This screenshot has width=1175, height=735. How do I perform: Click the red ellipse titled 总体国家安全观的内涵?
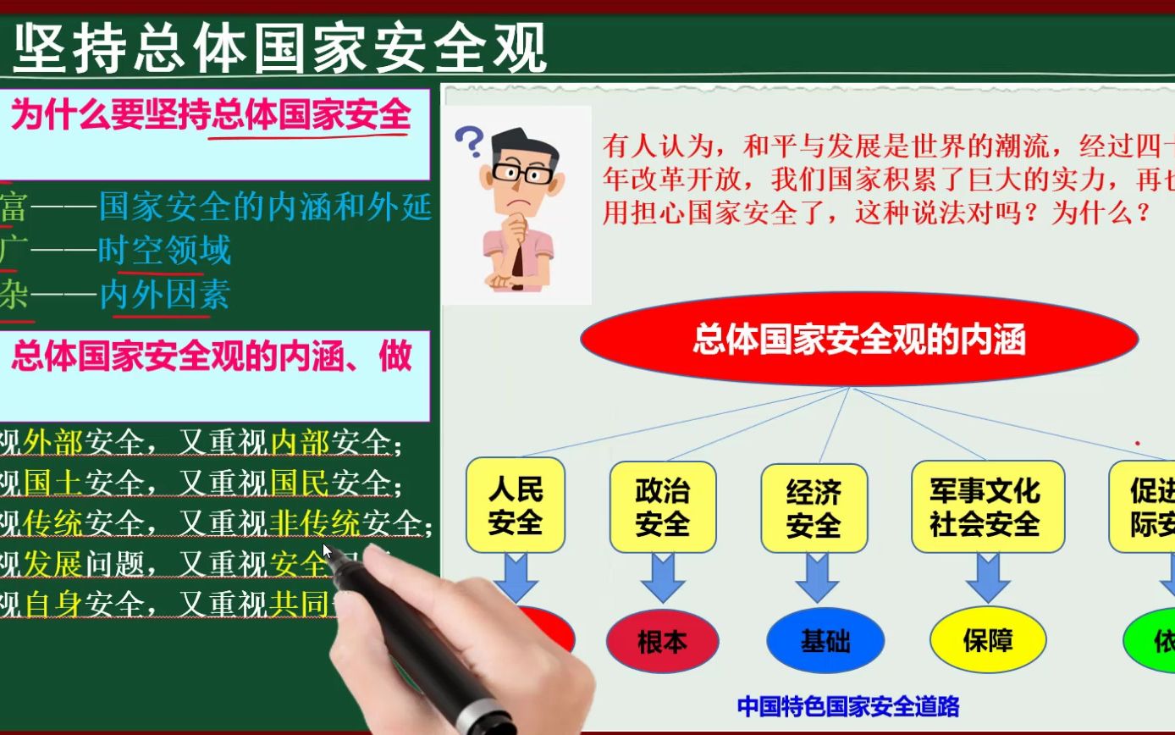click(x=858, y=340)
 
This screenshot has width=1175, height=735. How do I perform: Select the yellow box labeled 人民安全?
click(x=515, y=506)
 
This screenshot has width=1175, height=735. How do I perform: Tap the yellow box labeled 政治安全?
click(x=662, y=506)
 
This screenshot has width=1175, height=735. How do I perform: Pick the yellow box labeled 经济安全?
click(x=814, y=507)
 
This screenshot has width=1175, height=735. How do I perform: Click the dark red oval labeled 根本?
click(x=662, y=641)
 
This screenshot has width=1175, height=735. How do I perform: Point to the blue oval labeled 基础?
click(x=825, y=641)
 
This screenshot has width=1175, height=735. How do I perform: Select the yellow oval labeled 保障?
click(x=987, y=640)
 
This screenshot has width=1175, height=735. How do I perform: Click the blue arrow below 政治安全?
click(x=662, y=577)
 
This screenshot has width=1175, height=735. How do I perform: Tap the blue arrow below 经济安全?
click(x=816, y=577)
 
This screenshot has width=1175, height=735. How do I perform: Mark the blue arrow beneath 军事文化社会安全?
click(x=987, y=577)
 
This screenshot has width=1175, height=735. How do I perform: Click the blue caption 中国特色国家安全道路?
click(x=847, y=706)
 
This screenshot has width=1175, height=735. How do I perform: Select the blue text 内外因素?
click(x=164, y=296)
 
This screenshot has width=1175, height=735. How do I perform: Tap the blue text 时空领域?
click(x=164, y=251)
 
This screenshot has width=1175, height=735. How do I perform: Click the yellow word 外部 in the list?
click(x=54, y=442)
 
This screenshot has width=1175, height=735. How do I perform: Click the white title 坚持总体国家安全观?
click(x=280, y=49)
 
